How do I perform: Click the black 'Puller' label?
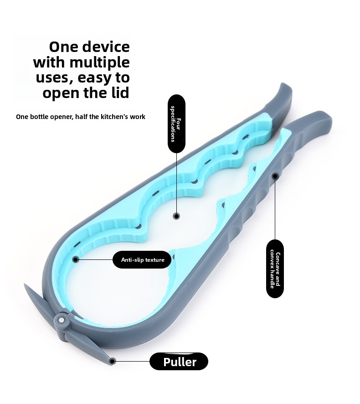click(179, 362)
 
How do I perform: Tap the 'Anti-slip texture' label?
click(142, 260)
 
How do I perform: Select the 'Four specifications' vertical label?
click(176, 124)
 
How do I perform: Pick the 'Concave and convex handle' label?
click(275, 269)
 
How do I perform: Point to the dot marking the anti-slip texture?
click(76, 259)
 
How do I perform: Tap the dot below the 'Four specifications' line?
click(176, 216)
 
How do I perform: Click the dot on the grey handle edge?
click(275, 176)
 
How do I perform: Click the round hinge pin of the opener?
click(62, 320)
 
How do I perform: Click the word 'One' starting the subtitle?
click(22, 117)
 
